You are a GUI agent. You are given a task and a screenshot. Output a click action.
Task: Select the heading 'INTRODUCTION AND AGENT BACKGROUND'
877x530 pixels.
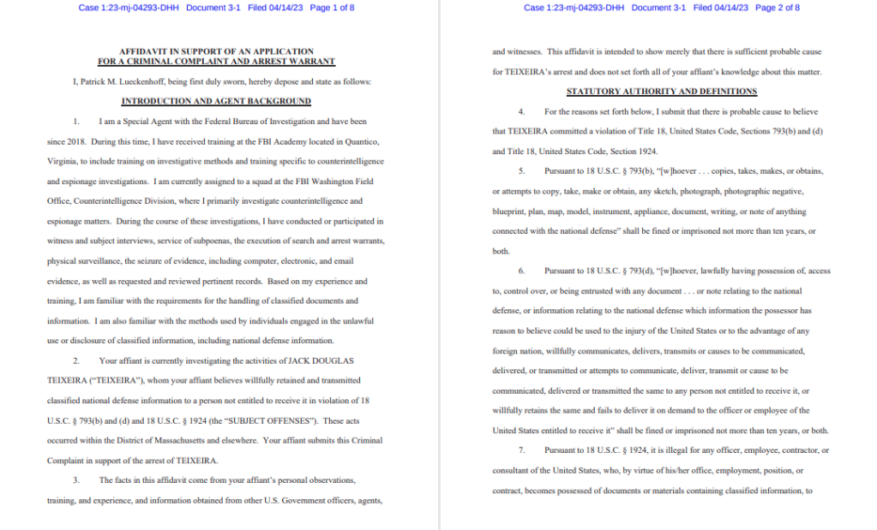(x=216, y=101)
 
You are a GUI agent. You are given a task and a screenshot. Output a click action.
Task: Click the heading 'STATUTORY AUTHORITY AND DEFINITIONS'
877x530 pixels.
(x=662, y=92)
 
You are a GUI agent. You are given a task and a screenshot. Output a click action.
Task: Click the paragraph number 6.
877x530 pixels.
(x=521, y=271)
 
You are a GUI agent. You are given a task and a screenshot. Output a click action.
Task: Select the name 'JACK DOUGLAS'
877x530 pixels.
(x=321, y=360)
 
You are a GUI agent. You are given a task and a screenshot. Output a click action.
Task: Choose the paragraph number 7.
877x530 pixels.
(x=521, y=450)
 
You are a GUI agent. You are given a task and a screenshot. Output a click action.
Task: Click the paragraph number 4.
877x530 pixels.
(x=521, y=112)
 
